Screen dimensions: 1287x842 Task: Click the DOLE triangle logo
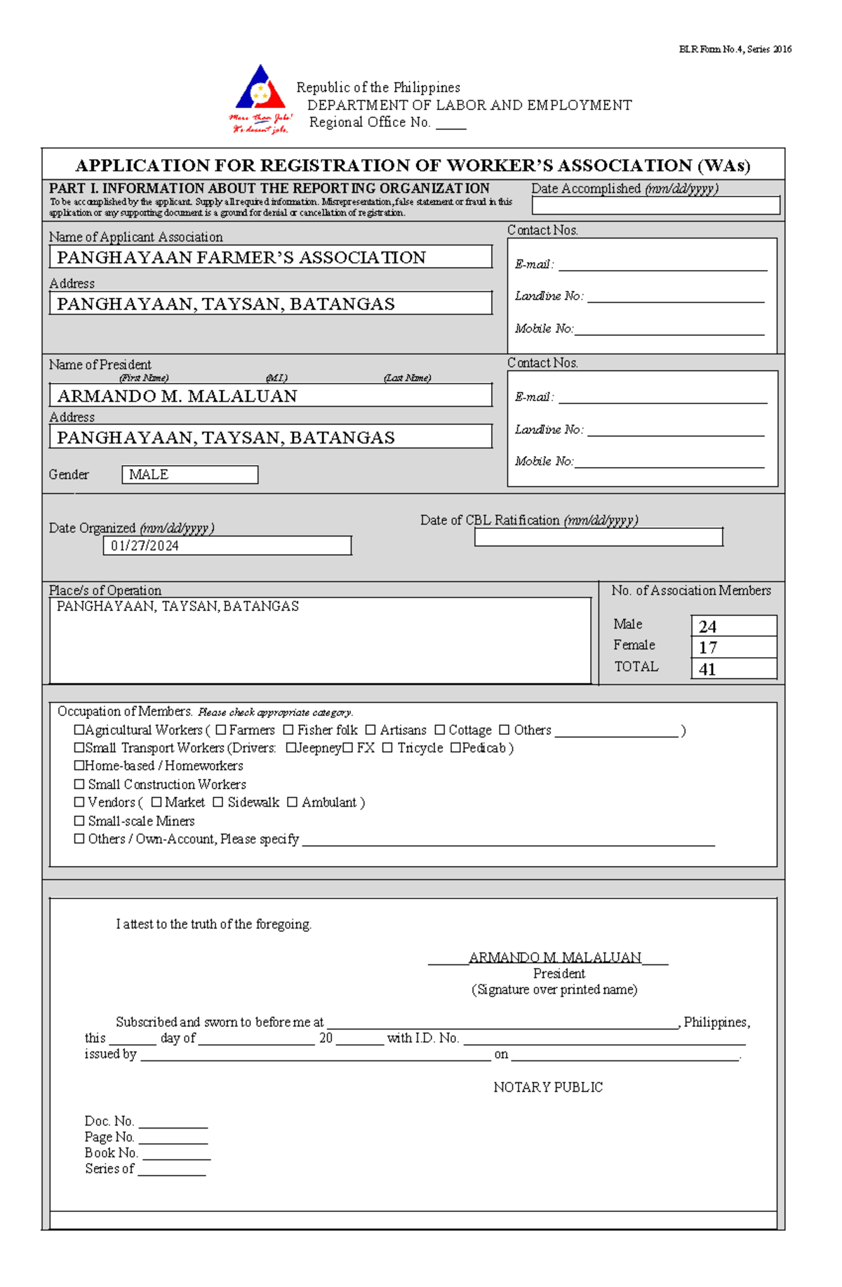(260, 91)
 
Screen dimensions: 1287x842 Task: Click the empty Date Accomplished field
(655, 205)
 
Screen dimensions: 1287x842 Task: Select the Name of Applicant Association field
(270, 257)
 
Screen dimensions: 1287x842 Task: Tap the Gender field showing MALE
(189, 475)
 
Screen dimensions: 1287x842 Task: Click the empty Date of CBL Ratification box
(598, 537)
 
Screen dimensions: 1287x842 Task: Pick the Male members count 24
(733, 626)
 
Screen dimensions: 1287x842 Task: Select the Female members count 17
(733, 647)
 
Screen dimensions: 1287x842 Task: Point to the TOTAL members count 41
(733, 669)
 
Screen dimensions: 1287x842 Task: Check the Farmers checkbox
(221, 730)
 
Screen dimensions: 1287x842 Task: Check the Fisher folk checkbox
(288, 730)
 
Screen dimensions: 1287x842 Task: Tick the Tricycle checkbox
(387, 748)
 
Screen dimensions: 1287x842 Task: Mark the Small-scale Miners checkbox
(79, 821)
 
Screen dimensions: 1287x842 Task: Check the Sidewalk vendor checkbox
(218, 802)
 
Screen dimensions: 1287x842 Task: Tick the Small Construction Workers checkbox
(79, 784)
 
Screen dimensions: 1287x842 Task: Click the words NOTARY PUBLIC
(548, 1087)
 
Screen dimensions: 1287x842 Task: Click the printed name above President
(554, 957)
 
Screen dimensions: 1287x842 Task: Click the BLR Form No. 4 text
(735, 49)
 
